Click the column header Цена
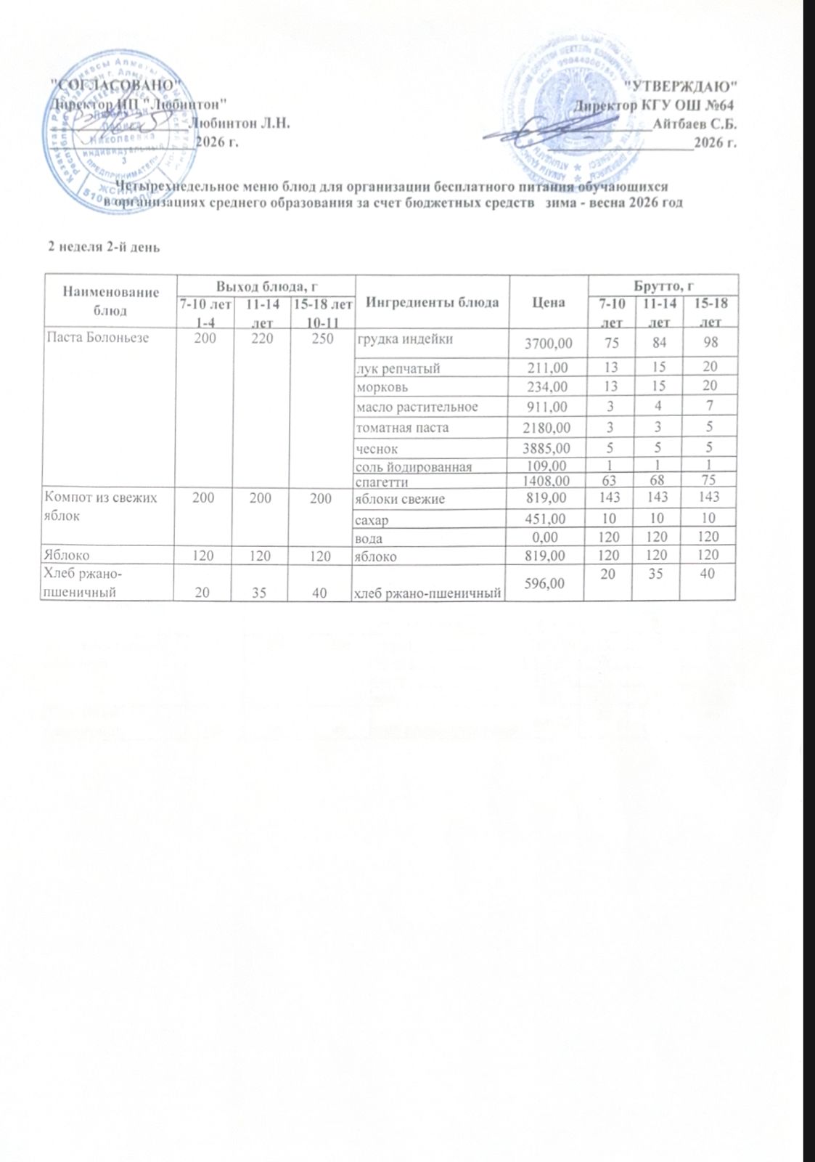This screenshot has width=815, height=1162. [x=549, y=301]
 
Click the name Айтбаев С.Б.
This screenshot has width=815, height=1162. [x=695, y=123]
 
